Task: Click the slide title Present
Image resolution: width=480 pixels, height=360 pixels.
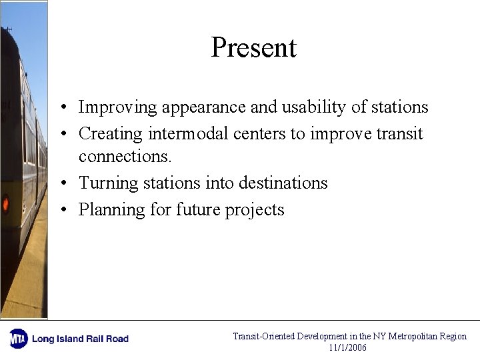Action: pyautogui.click(x=253, y=48)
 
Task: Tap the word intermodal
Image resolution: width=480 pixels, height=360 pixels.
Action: pyautogui.click(x=189, y=134)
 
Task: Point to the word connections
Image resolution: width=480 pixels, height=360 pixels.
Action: pyautogui.click(x=125, y=157)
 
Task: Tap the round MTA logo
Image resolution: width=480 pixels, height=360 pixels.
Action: pyautogui.click(x=18, y=339)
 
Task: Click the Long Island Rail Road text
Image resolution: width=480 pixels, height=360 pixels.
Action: pyautogui.click(x=80, y=339)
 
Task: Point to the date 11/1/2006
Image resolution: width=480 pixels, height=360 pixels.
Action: pyautogui.click(x=347, y=347)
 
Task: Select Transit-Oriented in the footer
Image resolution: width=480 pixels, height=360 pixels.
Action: pyautogui.click(x=263, y=337)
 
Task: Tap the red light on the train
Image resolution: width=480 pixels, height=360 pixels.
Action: pyautogui.click(x=5, y=203)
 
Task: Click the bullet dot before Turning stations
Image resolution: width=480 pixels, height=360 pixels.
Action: pyautogui.click(x=61, y=183)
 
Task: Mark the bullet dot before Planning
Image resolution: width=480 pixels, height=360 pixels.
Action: pyautogui.click(x=61, y=210)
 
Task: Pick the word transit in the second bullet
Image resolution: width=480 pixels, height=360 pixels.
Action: pyautogui.click(x=399, y=134)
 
